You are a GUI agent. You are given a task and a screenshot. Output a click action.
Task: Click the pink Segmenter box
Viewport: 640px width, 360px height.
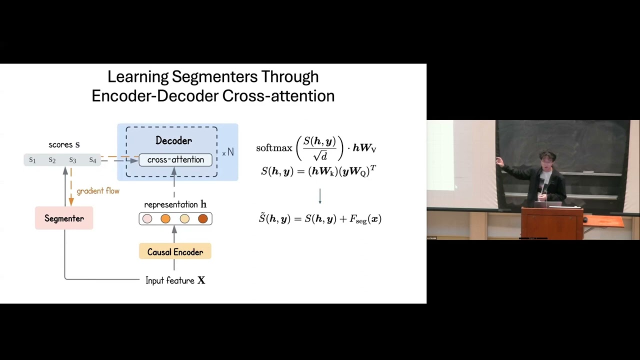(x=64, y=218)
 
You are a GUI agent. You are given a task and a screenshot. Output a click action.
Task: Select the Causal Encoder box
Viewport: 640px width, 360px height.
(x=175, y=252)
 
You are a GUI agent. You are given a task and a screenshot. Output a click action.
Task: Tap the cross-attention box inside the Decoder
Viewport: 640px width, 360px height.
(x=175, y=160)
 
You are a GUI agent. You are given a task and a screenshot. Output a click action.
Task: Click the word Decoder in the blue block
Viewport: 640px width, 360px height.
(x=173, y=140)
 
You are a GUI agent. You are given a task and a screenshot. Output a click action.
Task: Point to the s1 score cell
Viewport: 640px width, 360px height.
(x=32, y=160)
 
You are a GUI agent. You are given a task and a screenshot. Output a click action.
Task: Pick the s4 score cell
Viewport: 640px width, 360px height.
(x=92, y=160)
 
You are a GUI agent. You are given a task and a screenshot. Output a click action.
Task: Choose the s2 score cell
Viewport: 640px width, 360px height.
(x=52, y=160)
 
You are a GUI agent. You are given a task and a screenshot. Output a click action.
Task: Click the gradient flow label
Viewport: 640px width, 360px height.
(x=98, y=191)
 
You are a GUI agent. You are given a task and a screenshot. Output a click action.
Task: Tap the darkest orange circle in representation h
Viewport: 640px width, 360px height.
(x=202, y=218)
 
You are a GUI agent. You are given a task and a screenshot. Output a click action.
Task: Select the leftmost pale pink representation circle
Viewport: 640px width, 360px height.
(x=147, y=218)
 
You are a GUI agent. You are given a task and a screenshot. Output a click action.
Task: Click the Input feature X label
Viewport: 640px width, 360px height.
(x=175, y=280)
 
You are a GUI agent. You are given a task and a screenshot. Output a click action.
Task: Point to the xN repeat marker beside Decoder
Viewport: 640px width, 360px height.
(x=228, y=152)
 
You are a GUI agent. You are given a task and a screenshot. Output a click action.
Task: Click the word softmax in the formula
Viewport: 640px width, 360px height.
(x=274, y=148)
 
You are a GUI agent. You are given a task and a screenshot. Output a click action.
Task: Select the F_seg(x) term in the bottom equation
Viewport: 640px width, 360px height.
(x=365, y=219)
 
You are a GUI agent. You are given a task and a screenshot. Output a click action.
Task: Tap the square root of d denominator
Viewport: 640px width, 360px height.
(x=320, y=156)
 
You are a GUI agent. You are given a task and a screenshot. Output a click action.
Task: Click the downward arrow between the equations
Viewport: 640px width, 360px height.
(x=320, y=196)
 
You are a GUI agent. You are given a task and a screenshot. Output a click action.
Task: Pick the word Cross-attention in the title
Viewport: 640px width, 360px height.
(x=278, y=95)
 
